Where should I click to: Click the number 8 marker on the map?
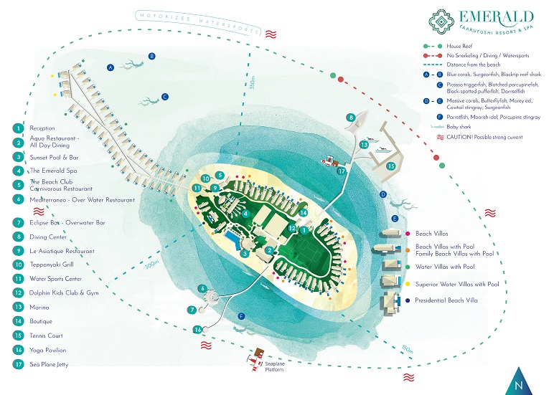[x=350, y=118]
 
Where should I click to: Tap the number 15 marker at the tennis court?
[x=391, y=166]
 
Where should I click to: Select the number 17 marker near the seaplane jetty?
[x=342, y=171]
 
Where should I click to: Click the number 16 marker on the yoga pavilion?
[x=197, y=330]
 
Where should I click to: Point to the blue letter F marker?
[x=242, y=316]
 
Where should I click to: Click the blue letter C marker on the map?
[x=164, y=97]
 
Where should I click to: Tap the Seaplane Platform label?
[x=275, y=366]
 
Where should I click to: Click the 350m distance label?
[x=253, y=82]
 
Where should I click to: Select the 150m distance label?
[x=407, y=349]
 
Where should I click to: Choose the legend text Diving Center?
[x=48, y=237]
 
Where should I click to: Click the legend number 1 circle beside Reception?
[x=18, y=128]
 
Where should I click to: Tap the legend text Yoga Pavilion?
[x=48, y=350]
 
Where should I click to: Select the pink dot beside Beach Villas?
[x=408, y=234]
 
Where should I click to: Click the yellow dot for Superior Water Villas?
[x=408, y=284]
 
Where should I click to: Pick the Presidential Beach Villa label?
[x=446, y=300]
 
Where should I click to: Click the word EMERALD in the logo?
[x=497, y=17]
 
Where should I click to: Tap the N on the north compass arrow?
[x=519, y=385]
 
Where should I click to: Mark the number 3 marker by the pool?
[x=245, y=254]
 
